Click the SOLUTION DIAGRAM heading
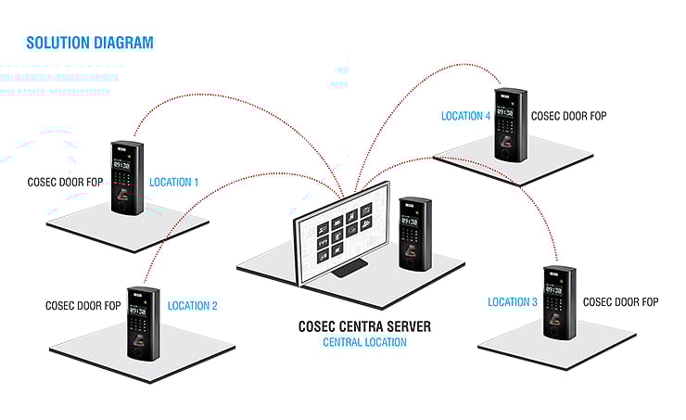click(90, 43)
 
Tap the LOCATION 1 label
click(173, 183)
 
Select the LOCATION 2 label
click(192, 305)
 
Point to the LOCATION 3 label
click(513, 302)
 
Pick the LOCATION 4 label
click(466, 117)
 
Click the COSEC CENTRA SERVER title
click(364, 327)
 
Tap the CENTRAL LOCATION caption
click(364, 343)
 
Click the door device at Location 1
click(127, 177)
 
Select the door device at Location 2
click(143, 323)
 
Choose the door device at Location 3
click(560, 304)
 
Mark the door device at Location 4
click(510, 123)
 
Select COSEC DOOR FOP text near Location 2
click(83, 305)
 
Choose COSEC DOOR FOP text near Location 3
click(620, 302)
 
